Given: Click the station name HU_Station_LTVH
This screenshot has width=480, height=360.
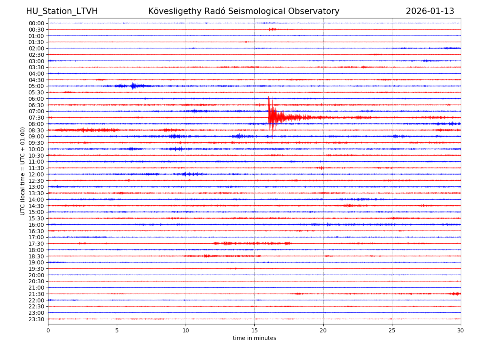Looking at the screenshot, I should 62,11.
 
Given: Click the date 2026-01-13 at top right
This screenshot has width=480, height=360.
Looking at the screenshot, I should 430,11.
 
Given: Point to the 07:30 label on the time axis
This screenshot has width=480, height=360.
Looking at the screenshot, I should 36,118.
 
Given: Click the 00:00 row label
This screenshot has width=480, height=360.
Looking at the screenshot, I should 36,23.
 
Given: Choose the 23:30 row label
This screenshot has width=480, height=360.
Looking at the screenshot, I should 36,319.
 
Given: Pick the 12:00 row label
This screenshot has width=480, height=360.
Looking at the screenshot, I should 36,174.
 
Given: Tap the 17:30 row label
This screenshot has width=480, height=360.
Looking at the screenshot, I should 36,244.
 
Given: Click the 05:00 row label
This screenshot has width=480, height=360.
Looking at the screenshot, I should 36,86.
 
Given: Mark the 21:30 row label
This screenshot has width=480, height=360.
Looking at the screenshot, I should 36,294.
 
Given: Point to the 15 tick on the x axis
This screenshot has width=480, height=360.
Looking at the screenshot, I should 254,331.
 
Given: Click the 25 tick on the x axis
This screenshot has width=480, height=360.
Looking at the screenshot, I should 392,331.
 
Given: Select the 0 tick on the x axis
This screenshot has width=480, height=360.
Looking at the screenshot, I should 48,331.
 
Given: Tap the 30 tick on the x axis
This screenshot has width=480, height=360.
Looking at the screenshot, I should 461,331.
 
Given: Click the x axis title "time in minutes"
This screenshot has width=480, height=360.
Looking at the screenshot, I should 254,338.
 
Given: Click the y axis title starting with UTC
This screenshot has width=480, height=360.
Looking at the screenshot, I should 23,171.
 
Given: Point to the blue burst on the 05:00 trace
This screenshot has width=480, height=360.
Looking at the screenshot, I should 133,86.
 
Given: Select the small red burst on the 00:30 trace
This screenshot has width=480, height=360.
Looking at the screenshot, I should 272,29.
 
